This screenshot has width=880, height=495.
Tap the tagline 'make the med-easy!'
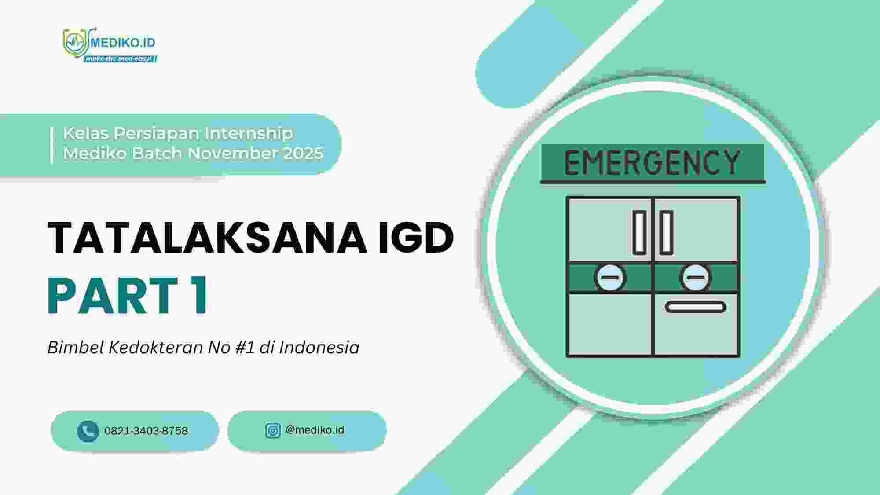click(119, 59)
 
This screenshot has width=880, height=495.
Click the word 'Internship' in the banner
click(249, 133)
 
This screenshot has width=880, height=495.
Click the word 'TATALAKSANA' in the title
click(207, 237)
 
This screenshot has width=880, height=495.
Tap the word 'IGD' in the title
click(416, 237)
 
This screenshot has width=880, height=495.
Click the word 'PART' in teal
click(113, 295)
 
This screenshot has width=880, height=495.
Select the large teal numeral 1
click(198, 295)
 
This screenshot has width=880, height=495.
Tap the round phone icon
click(88, 431)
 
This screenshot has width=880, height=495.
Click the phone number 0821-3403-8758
click(146, 431)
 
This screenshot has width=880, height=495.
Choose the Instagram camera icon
click(273, 430)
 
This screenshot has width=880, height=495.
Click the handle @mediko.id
click(315, 430)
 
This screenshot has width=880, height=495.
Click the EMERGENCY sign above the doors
click(653, 163)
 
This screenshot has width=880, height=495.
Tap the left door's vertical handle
click(639, 232)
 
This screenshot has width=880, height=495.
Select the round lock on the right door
click(695, 278)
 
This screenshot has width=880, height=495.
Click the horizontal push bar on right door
click(695, 307)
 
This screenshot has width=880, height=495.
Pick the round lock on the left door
click(610, 278)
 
